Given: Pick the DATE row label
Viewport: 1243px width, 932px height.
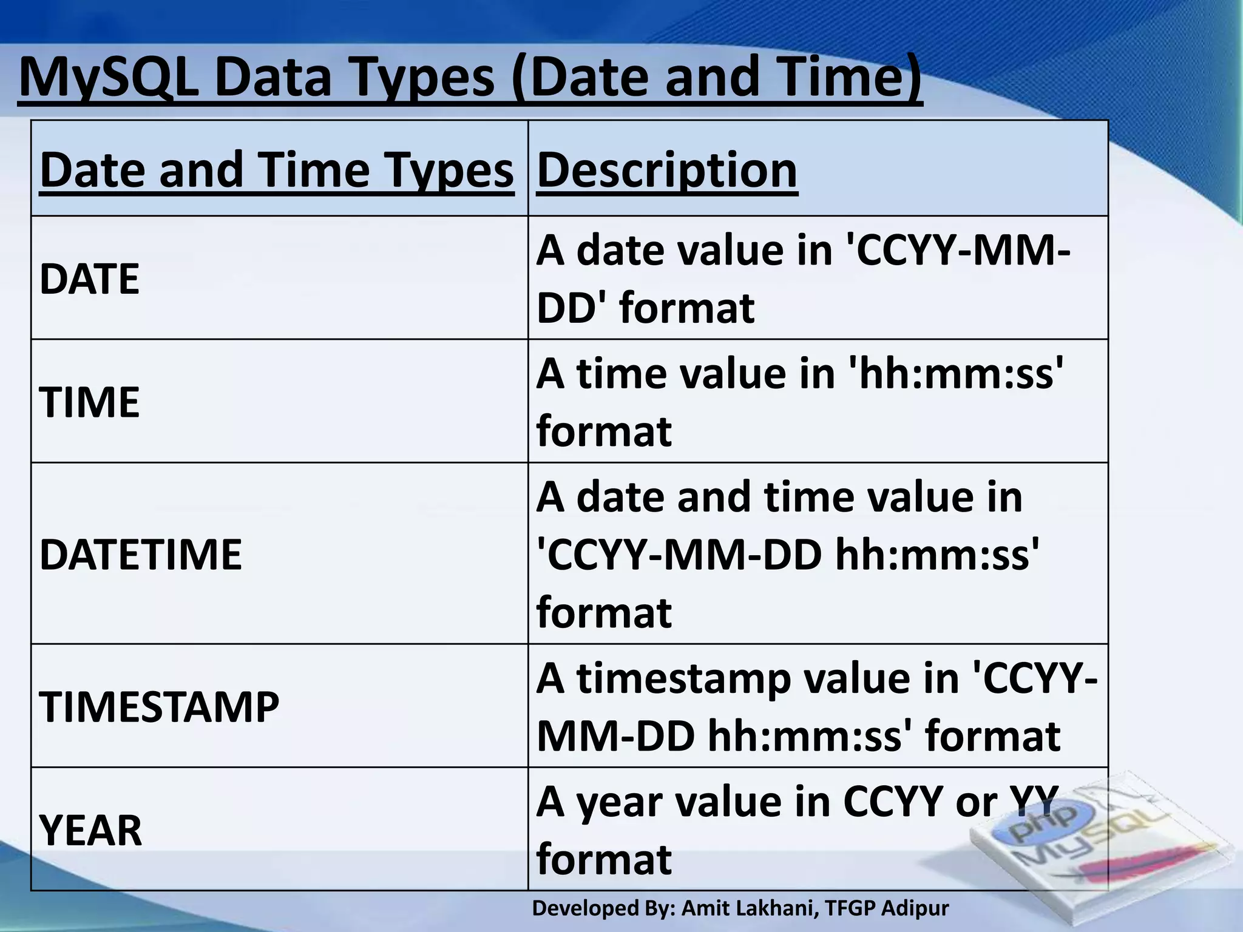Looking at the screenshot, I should click(x=89, y=279).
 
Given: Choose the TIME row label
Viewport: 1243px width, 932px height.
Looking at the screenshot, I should click(x=89, y=402).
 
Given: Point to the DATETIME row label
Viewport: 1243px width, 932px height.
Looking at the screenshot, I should click(x=140, y=555).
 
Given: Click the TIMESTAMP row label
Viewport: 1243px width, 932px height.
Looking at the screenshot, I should click(x=159, y=707).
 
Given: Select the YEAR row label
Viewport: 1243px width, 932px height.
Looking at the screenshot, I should click(x=90, y=830).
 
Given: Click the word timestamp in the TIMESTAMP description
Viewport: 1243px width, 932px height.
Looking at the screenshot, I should click(x=683, y=678).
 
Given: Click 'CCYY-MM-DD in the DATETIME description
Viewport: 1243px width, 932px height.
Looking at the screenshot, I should click(x=679, y=555).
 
